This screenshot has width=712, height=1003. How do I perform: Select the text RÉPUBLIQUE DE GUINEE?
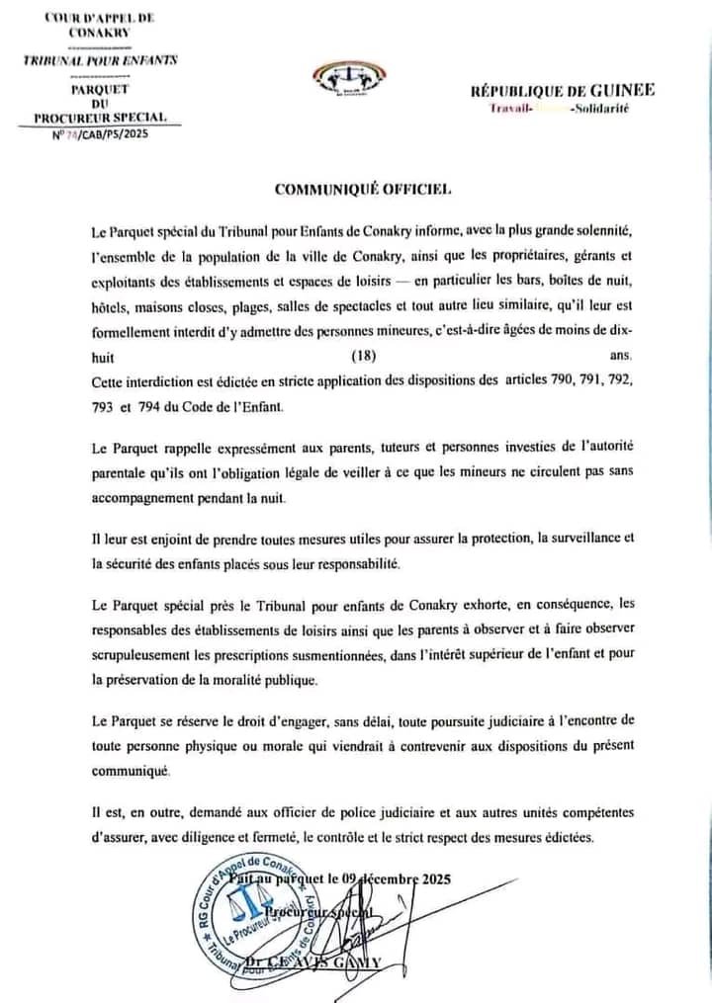click(x=562, y=90)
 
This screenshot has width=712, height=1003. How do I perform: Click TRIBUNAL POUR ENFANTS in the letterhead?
click(x=100, y=60)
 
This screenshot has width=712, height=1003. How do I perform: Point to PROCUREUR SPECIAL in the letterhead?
click(x=100, y=118)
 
